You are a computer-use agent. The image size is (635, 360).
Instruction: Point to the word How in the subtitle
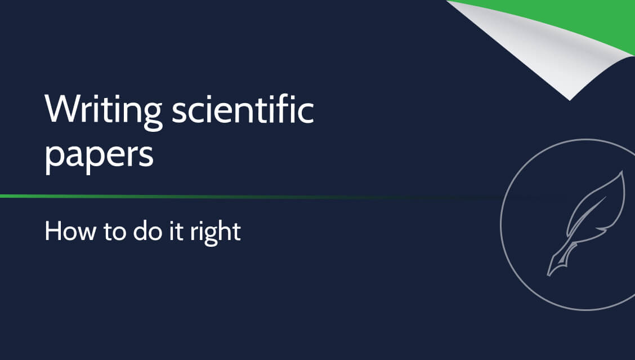[x=70, y=231]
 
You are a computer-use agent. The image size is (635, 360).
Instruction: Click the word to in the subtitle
[x=115, y=232]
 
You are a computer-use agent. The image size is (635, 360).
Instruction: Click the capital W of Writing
[x=61, y=109]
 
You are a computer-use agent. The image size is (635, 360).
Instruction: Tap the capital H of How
[x=53, y=232]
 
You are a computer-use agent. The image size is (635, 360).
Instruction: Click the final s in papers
[x=146, y=155]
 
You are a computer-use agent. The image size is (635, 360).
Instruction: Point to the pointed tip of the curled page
[x=569, y=100]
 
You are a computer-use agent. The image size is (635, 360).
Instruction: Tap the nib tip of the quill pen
[x=549, y=275]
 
